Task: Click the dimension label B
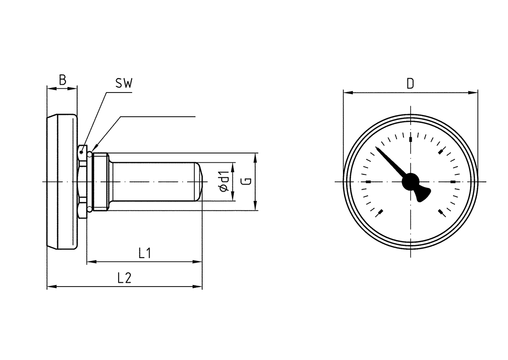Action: pos(63,80)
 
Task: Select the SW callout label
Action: pos(124,83)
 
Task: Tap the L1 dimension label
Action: pos(145,253)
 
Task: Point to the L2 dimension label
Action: pos(125,278)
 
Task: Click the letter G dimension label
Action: pos(247,181)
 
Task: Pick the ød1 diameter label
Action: pos(224,182)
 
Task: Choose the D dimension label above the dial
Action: pos(410,83)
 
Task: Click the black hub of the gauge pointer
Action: pos(410,182)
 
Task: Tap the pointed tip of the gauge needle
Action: pos(376,147)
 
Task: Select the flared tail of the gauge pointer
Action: pos(422,194)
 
